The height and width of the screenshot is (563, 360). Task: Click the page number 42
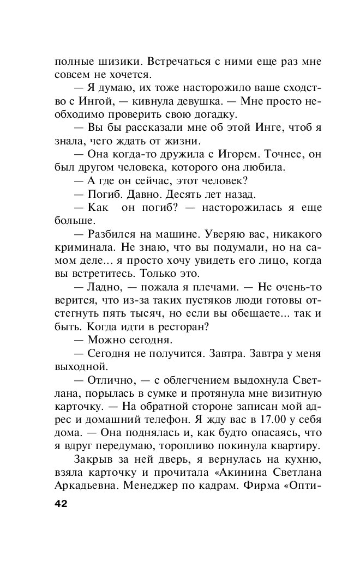[61, 504]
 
